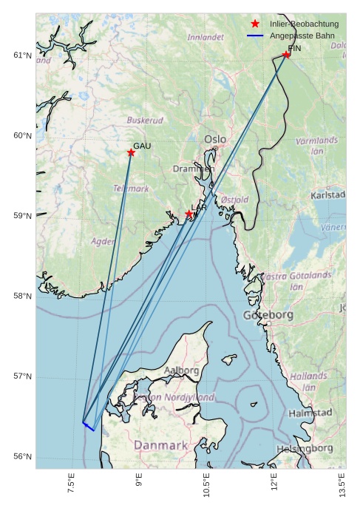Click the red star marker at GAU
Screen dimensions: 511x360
point(131,153)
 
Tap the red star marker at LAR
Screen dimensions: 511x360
point(189,214)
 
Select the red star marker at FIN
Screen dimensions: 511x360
point(286,55)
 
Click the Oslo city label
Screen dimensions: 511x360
point(215,139)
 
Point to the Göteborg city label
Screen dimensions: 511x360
point(268,315)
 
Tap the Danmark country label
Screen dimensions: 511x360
point(160,446)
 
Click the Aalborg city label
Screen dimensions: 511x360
point(181,370)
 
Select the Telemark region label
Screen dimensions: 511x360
point(131,189)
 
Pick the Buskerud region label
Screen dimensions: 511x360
point(145,120)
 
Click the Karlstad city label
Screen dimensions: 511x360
point(328,195)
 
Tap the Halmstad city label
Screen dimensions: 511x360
point(310,413)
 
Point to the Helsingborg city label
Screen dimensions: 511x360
point(305,449)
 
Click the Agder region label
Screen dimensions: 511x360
point(103,241)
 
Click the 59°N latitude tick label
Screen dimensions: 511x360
point(23,216)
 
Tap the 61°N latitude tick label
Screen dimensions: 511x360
point(23,55)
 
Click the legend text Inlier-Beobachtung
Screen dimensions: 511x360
point(304,24)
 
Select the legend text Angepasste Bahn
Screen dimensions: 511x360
point(302,35)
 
